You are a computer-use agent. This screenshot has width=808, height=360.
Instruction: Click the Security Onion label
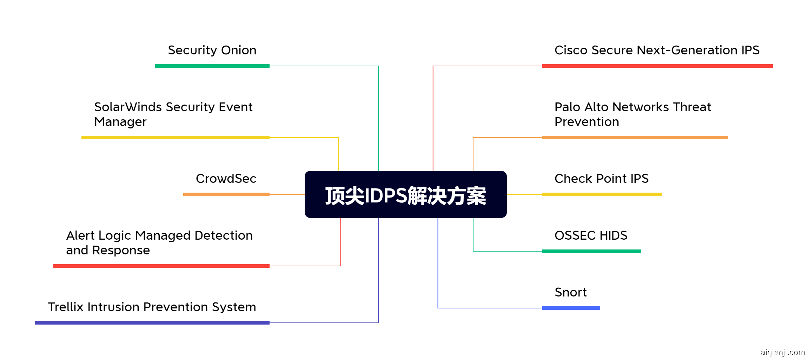click(x=212, y=51)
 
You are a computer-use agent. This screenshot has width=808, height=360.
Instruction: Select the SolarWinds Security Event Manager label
click(x=173, y=114)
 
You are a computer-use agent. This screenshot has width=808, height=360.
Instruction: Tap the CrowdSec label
click(x=226, y=179)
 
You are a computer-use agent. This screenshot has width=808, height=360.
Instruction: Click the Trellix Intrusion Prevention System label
click(x=152, y=307)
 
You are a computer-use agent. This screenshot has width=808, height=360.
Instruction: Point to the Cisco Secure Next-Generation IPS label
click(x=657, y=51)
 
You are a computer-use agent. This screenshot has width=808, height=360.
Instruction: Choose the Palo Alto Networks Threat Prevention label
click(x=633, y=114)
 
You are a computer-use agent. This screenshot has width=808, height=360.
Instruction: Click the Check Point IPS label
click(x=602, y=179)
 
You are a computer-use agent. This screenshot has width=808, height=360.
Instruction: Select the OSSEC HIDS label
click(x=591, y=235)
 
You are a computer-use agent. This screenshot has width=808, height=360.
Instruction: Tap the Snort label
click(x=571, y=292)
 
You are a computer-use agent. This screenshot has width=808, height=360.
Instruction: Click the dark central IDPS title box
click(x=405, y=194)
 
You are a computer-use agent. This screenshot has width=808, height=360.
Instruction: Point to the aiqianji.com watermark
click(x=782, y=352)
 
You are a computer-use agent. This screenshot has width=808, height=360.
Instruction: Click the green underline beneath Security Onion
click(x=212, y=66)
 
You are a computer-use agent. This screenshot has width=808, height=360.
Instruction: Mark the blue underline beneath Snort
click(x=571, y=308)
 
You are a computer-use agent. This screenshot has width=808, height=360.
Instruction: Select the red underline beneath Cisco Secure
click(x=657, y=66)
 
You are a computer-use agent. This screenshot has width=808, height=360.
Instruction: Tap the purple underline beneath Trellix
click(x=152, y=323)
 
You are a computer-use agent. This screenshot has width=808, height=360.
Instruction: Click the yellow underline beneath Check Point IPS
click(x=602, y=194)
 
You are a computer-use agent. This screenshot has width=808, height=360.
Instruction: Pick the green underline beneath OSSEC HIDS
click(x=591, y=251)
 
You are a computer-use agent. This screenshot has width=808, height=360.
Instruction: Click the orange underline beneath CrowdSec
click(x=226, y=194)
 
